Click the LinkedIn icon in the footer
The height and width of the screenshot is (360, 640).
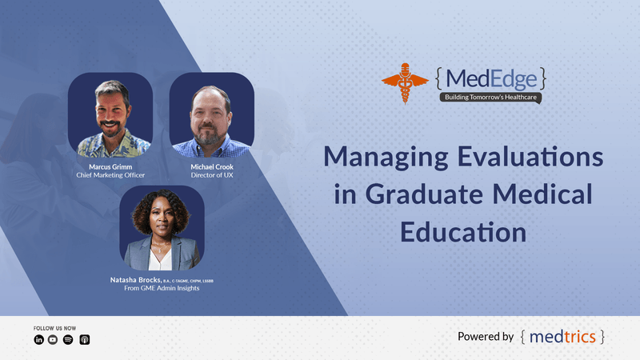point(38,339)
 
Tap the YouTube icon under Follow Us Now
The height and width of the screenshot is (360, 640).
point(53,339)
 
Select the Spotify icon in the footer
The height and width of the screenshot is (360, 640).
point(68,339)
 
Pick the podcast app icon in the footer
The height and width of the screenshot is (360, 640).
point(85,339)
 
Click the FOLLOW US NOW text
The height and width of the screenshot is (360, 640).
point(55,328)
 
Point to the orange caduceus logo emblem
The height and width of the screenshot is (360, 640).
point(406,82)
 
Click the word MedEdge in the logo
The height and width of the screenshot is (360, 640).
point(491,78)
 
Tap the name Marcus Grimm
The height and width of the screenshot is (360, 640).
point(110,166)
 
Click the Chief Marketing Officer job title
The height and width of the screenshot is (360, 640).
point(110,175)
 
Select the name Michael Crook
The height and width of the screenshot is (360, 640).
point(211,166)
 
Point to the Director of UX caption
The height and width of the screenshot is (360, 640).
point(211,175)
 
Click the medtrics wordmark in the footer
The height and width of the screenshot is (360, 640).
point(562,337)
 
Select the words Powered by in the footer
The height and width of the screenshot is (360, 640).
point(486,337)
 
